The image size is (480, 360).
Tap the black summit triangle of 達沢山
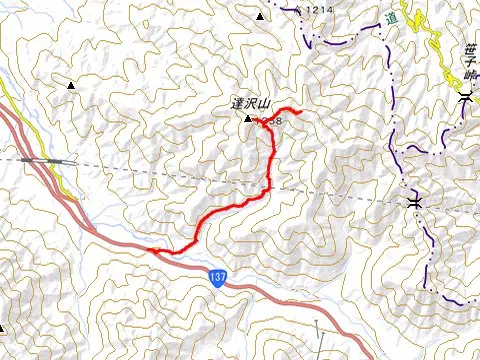point(249,120)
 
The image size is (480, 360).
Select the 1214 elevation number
point(319,10)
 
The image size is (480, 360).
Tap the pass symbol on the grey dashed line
point(413,203)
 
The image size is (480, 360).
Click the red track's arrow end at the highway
point(152,250)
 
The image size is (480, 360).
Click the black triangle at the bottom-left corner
point(5,328)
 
